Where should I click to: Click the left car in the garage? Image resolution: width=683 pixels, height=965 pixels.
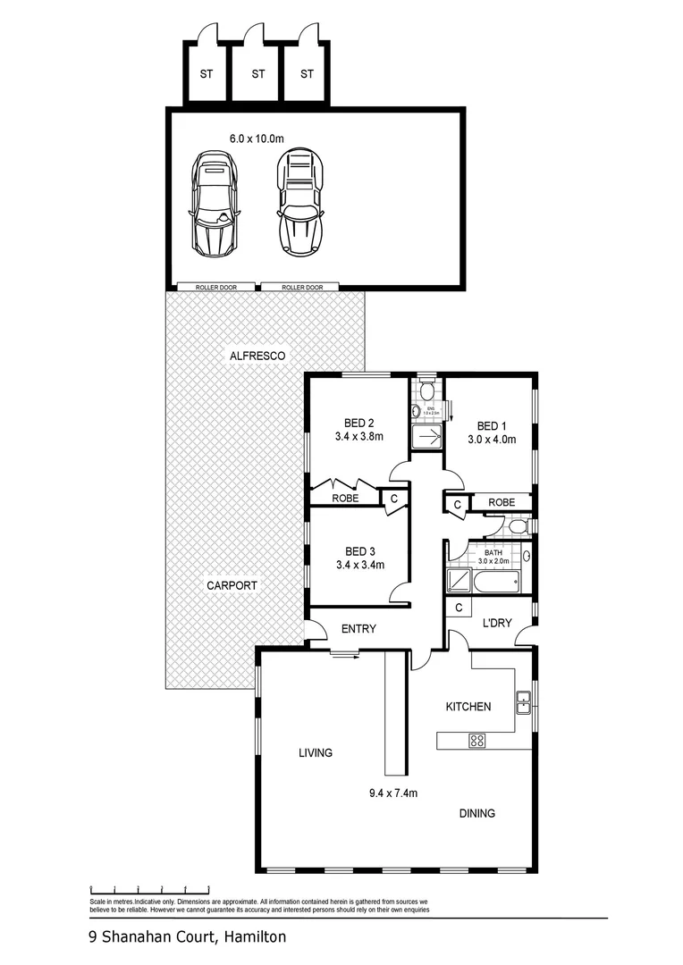pyautogui.click(x=215, y=203)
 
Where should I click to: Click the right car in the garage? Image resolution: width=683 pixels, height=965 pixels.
pyautogui.click(x=299, y=203)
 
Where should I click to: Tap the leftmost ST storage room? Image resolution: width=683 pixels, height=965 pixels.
pyautogui.click(x=207, y=73)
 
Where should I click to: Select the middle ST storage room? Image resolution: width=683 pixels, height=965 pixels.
pyautogui.click(x=258, y=73)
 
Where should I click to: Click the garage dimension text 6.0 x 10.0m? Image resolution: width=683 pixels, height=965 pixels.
pyautogui.click(x=257, y=138)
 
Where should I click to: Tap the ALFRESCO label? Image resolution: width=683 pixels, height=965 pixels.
pyautogui.click(x=257, y=356)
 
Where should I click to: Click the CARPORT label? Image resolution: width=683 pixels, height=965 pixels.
pyautogui.click(x=232, y=586)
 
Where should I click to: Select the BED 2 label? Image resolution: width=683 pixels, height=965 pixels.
pyautogui.click(x=358, y=424)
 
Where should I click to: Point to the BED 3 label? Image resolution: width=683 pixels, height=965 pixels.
pyautogui.click(x=358, y=550)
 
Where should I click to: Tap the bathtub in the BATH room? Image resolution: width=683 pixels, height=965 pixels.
pyautogui.click(x=495, y=583)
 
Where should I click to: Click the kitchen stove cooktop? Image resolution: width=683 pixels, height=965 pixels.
pyautogui.click(x=476, y=740)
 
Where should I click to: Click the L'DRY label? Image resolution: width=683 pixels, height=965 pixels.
pyautogui.click(x=496, y=623)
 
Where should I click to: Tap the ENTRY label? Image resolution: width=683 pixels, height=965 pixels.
pyautogui.click(x=358, y=629)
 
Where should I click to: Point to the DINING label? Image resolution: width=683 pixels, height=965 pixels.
pyautogui.click(x=476, y=813)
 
